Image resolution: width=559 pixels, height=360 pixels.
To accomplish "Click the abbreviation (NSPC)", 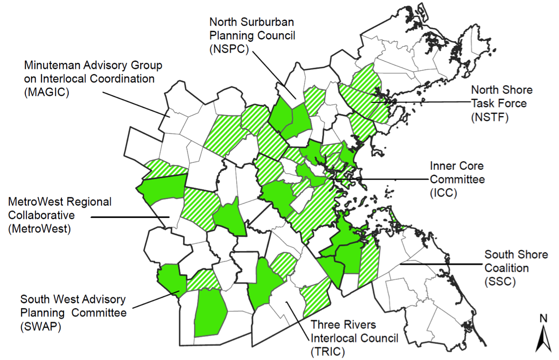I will coord(229,49).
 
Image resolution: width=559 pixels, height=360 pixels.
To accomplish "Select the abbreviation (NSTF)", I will coord(490,117).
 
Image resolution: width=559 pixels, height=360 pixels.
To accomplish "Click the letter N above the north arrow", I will coord(543,319).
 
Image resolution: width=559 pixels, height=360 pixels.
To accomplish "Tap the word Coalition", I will coord(506,268).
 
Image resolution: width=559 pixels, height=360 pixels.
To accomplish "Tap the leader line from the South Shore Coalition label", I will coord(439,264).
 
